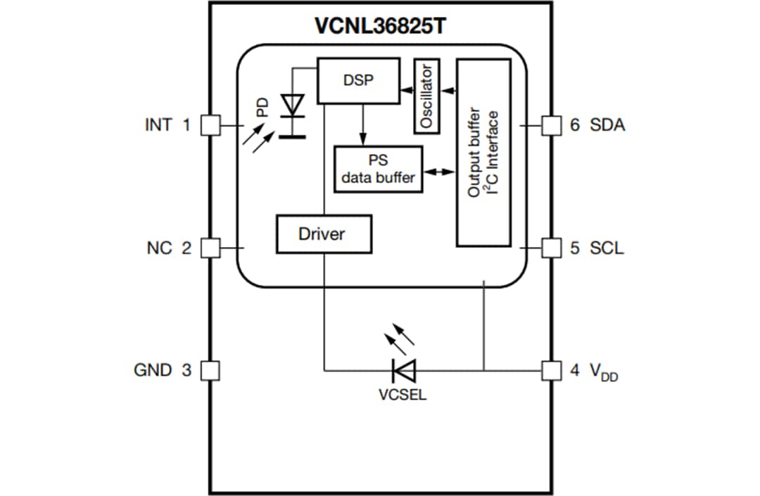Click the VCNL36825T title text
pyautogui.click(x=380, y=26)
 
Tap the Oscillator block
pyautogui.click(x=426, y=96)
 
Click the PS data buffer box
pyautogui.click(x=379, y=169)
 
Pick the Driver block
pyautogui.click(x=324, y=234)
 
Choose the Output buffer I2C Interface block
pyautogui.click(x=483, y=153)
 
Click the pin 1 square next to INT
pyautogui.click(x=210, y=125)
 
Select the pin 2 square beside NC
pyautogui.click(x=210, y=248)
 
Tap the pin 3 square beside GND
pyautogui.click(x=210, y=369)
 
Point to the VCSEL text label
pyautogui.click(x=403, y=395)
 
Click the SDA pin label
pyautogui.click(x=607, y=125)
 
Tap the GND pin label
pyautogui.click(x=153, y=369)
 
